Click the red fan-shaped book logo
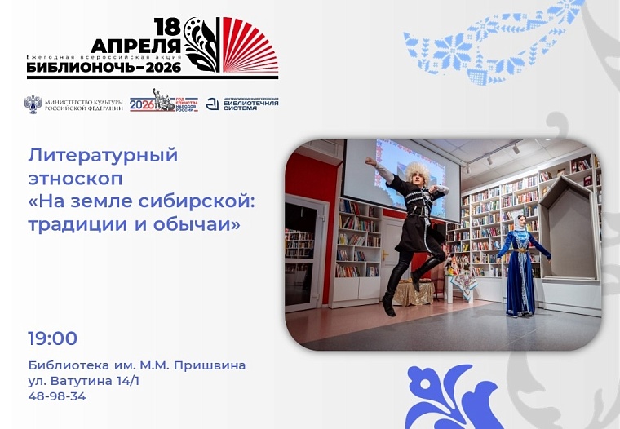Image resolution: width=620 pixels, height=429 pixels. (x=250, y=46)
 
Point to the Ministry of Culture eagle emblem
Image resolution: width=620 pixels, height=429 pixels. (x=33, y=104)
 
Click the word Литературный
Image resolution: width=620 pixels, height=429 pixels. (x=103, y=154)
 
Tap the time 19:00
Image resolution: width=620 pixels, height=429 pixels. (x=52, y=338)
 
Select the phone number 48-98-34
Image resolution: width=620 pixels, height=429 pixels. (x=56, y=396)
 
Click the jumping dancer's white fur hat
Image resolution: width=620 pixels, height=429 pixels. (x=417, y=171)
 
